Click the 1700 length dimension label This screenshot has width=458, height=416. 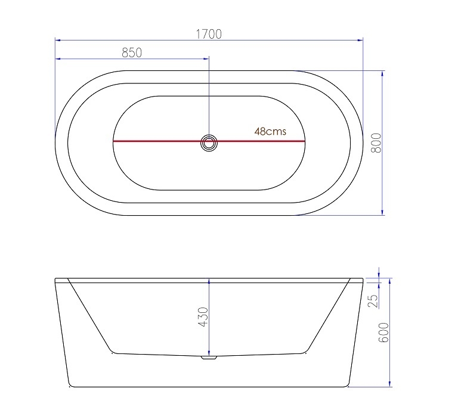coord(209,34)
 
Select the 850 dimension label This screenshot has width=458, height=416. coord(131,52)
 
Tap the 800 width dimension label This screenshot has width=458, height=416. coord(376,142)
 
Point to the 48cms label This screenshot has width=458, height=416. coord(270,132)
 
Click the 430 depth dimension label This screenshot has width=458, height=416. coord(202,316)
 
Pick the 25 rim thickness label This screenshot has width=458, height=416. coord(373,300)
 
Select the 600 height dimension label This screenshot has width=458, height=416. coord(383,333)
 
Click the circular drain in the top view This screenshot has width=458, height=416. coord(209,142)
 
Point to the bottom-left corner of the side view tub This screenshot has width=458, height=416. coord(70,385)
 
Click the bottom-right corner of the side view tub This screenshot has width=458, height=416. coord(348,385)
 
